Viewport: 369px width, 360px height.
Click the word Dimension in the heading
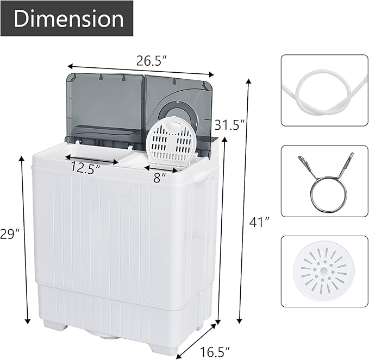(69, 18)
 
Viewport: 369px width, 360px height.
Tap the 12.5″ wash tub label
(85, 168)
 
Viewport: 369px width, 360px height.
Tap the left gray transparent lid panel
(106, 106)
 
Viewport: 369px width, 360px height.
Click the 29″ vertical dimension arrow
(23, 239)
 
